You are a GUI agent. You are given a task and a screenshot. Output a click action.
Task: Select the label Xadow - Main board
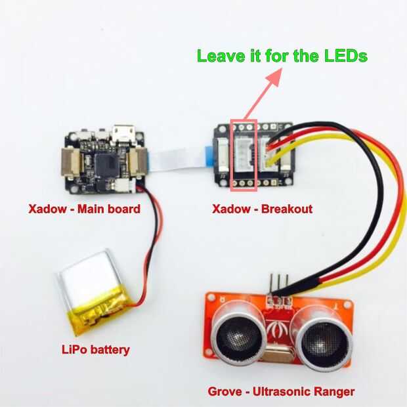pyautogui.click(x=84, y=210)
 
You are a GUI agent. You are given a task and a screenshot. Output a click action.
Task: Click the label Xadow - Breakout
pyautogui.click(x=262, y=210)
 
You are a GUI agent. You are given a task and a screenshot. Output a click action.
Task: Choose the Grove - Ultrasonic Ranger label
pyautogui.click(x=282, y=392)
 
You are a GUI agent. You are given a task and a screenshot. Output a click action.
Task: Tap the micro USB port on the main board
pyautogui.click(x=123, y=134)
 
